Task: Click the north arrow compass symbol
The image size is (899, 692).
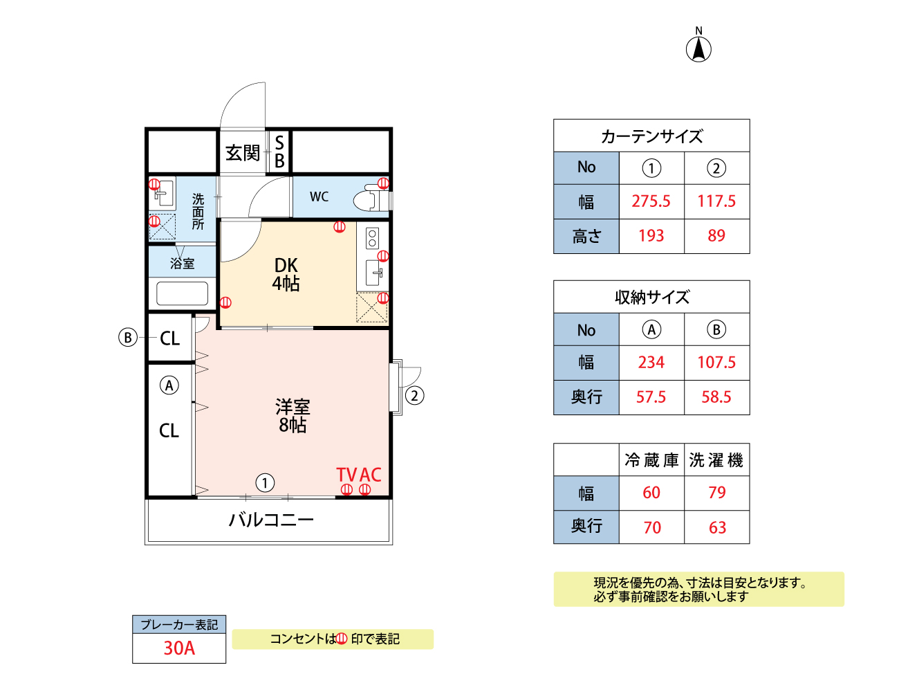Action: (698, 48)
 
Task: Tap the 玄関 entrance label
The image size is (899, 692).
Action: (243, 152)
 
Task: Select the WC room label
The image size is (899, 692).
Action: (319, 197)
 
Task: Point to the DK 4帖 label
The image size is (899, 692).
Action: (286, 274)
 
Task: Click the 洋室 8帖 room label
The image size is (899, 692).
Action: (293, 415)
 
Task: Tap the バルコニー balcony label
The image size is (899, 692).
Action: (271, 519)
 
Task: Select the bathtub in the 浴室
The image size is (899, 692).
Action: (182, 293)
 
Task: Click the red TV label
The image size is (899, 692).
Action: (346, 475)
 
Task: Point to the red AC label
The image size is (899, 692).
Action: (371, 475)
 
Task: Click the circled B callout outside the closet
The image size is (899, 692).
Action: (127, 338)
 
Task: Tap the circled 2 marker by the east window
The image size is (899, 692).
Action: (414, 396)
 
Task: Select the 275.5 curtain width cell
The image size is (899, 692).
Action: (651, 201)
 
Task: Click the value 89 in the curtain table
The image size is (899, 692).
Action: (716, 236)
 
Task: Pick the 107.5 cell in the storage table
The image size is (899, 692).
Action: (716, 363)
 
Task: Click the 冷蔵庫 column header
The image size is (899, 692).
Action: (651, 460)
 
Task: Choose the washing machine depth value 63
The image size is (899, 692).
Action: (717, 528)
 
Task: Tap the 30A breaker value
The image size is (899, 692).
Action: (179, 648)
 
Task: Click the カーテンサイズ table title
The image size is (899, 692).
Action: (651, 136)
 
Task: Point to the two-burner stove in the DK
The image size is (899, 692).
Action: (373, 238)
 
